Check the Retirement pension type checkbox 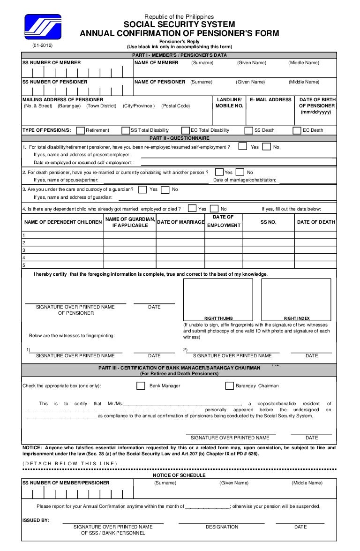click(x=80, y=130)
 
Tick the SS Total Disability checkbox click(x=125, y=130)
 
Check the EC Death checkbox click(x=297, y=130)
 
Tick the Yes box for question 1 click(x=243, y=146)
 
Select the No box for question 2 click(x=240, y=172)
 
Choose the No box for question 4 click(x=214, y=209)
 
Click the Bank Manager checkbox click(x=141, y=386)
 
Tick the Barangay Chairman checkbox click(x=229, y=386)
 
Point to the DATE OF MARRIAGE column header click(x=180, y=222)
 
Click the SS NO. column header click(x=269, y=222)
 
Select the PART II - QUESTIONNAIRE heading click(x=180, y=138)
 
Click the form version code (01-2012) click(x=42, y=45)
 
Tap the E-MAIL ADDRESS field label click(x=270, y=100)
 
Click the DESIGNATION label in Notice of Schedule click(x=222, y=527)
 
